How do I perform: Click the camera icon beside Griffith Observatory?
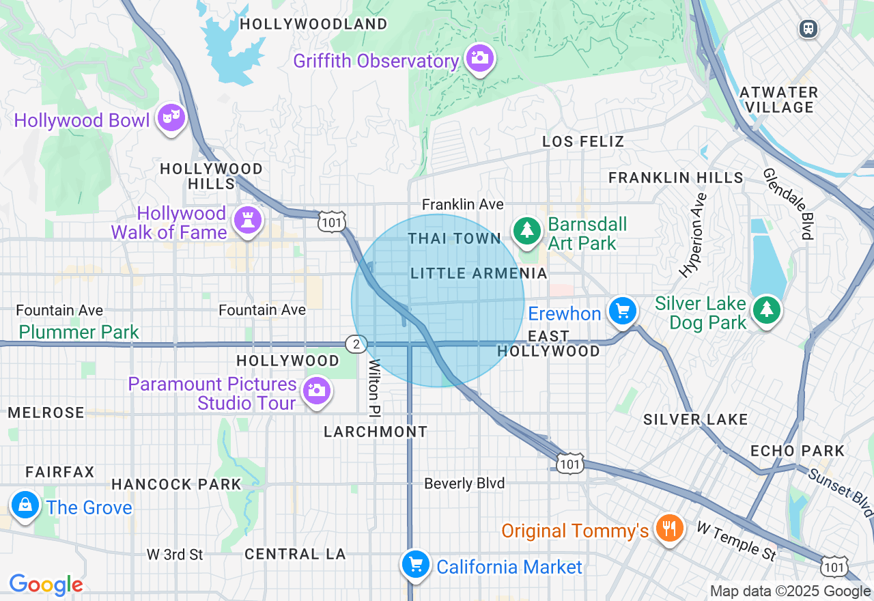coord(480,58)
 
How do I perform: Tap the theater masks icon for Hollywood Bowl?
coord(170,118)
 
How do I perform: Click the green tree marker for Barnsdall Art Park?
coord(526,230)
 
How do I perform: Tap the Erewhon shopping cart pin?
coord(622,311)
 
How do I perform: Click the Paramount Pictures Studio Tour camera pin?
coord(316,391)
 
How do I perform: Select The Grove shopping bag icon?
coord(25,505)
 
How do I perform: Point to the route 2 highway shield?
coord(356,344)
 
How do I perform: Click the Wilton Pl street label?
coord(374,388)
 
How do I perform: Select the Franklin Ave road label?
coord(462,204)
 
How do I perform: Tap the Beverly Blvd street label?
coord(464,484)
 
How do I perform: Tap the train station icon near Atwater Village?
coord(808,29)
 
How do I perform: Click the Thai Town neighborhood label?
coord(455,238)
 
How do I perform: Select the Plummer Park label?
coord(79,333)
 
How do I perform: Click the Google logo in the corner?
coord(46,585)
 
